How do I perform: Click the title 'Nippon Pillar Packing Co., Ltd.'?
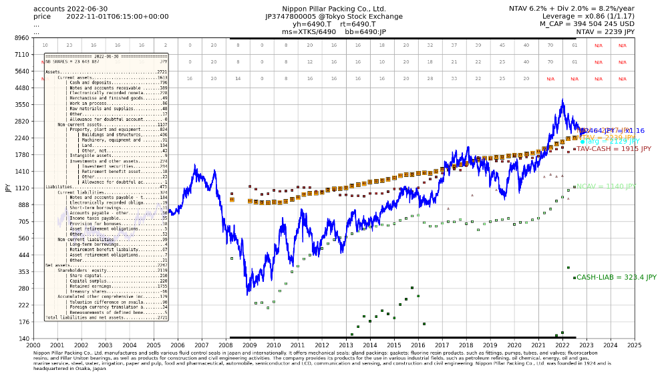[x=335, y=9]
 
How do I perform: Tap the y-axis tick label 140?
[x=22, y=339]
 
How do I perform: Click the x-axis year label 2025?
[x=635, y=345]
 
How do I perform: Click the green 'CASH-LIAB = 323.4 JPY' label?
[x=616, y=277]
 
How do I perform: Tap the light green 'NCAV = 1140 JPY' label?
[x=605, y=187]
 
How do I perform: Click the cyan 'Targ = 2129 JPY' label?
[x=612, y=142]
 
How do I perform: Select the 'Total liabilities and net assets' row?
[x=106, y=318]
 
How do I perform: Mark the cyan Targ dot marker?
[x=582, y=142]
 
